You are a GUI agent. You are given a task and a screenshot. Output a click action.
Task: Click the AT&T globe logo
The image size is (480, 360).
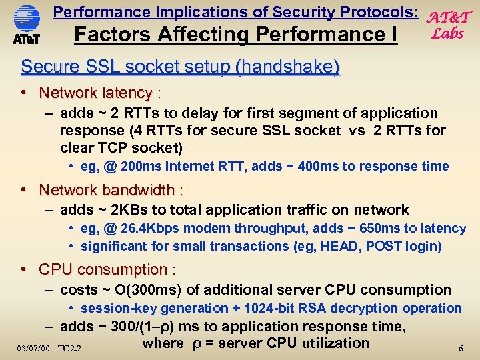[x=27, y=19]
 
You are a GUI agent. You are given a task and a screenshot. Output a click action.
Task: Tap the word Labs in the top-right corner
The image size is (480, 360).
[x=447, y=33]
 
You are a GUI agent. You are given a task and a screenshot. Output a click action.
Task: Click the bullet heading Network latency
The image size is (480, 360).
[x=95, y=93]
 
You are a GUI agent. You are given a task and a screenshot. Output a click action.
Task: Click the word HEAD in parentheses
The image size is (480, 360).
[x=340, y=246]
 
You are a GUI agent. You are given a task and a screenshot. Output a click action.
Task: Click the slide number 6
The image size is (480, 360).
[x=461, y=349]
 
